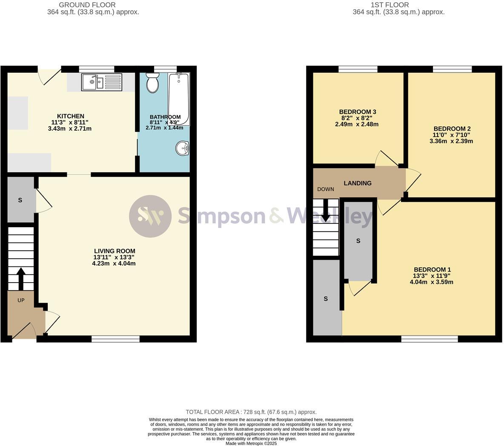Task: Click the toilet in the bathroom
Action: [x=152, y=83]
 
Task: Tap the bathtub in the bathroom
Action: [x=178, y=98]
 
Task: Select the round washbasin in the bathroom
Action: [x=182, y=149]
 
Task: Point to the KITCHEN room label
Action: [x=71, y=116]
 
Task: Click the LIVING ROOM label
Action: [x=114, y=251]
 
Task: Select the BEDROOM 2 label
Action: [x=452, y=129]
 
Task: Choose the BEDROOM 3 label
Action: [x=357, y=112]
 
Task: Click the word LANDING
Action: [x=358, y=183]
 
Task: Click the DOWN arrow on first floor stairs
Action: [x=326, y=211]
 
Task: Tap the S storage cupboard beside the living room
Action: [x=20, y=200]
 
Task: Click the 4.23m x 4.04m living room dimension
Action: [x=114, y=263]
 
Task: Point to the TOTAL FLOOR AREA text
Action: [x=251, y=412]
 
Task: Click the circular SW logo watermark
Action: [x=150, y=216]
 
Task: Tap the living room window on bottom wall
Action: [x=115, y=339]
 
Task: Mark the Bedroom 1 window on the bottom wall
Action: [x=429, y=339]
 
